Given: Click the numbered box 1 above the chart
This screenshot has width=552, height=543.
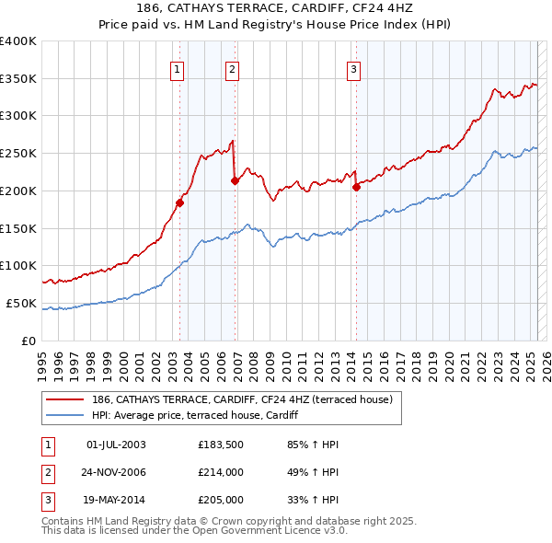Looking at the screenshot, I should point(176,67).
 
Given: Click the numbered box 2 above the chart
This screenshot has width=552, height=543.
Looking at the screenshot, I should point(232,67).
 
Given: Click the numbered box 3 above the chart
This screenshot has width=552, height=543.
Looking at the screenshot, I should point(353,67).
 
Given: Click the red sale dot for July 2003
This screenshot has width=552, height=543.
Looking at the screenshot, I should point(180,202).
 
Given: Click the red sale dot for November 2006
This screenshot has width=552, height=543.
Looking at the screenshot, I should point(235,180).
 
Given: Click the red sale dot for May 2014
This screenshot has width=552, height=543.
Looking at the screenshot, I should point(356,187).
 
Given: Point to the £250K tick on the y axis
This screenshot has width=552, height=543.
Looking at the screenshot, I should point(18,153).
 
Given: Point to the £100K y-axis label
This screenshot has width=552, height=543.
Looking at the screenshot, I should point(18,265).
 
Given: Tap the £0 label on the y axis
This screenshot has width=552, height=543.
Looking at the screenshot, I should point(28,341).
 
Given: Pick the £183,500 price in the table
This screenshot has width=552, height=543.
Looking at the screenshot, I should point(218,445).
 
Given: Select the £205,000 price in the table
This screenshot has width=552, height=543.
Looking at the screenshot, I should point(219,500).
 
